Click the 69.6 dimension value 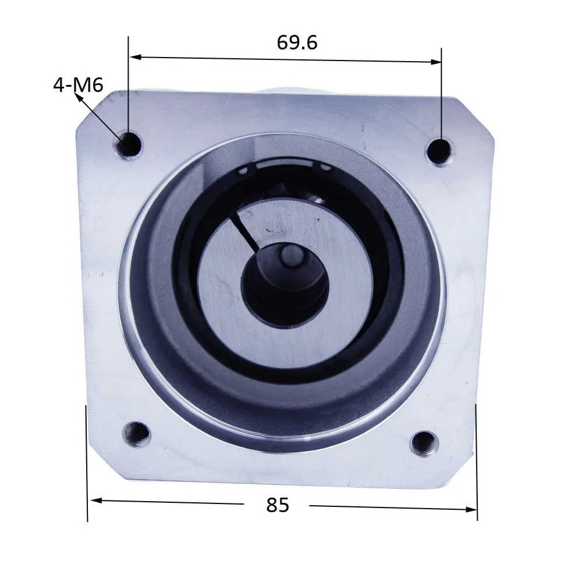[297, 42]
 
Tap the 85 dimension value [277, 505]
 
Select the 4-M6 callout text [78, 85]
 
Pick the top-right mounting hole [439, 152]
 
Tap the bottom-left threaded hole [136, 434]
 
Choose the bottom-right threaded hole [424, 443]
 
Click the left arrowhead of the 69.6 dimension [136, 57]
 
